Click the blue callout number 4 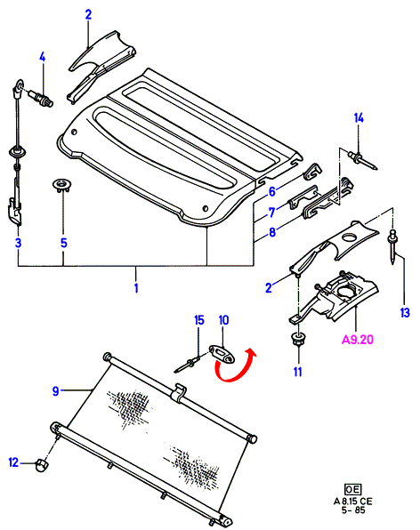point(43,57)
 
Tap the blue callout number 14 point(359,118)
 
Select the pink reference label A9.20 point(358,339)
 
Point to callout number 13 point(405,313)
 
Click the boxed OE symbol point(352,489)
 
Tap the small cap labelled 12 point(41,465)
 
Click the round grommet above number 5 point(62,186)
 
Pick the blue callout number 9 point(56,391)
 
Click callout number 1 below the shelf point(136,288)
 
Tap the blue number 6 point(272,192)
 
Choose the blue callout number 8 point(272,232)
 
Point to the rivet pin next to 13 point(392,246)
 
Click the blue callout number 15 point(199,320)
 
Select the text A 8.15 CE point(352,502)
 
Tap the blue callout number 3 point(19,243)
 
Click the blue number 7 point(272,213)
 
